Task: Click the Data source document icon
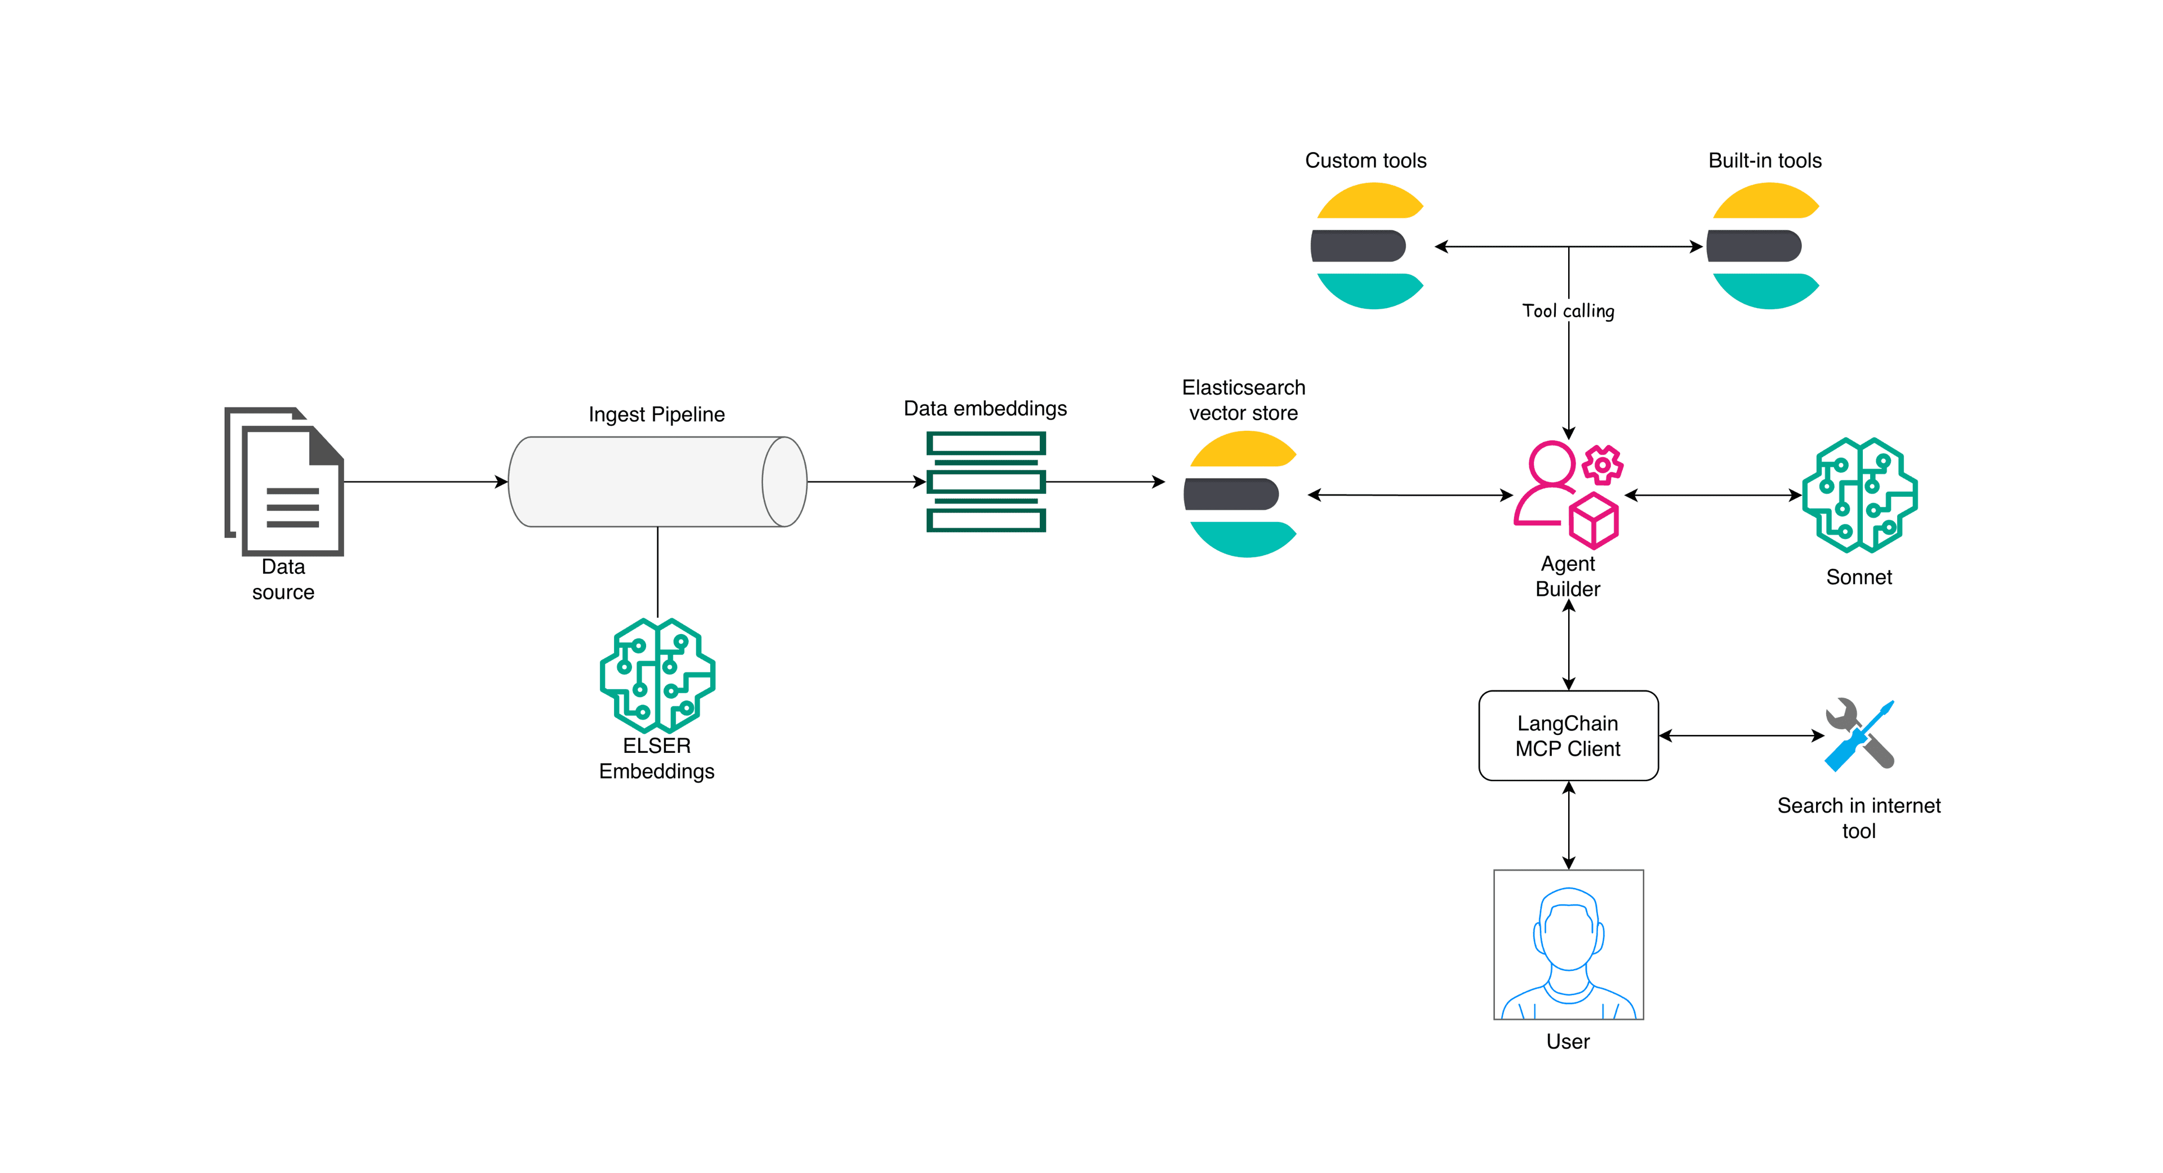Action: click(286, 482)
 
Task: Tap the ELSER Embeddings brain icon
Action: click(657, 675)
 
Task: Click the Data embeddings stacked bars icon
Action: click(986, 482)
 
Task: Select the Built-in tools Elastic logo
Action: click(1763, 246)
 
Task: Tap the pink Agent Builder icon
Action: click(1566, 496)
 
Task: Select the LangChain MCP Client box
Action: click(1568, 735)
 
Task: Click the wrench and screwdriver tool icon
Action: click(1859, 735)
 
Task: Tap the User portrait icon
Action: click(1568, 944)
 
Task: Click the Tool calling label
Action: click(1568, 311)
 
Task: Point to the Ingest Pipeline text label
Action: click(657, 415)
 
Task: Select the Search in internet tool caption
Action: click(1858, 818)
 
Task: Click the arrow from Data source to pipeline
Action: click(425, 482)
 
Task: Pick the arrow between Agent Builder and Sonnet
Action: click(1713, 496)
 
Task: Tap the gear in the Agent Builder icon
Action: click(1602, 465)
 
